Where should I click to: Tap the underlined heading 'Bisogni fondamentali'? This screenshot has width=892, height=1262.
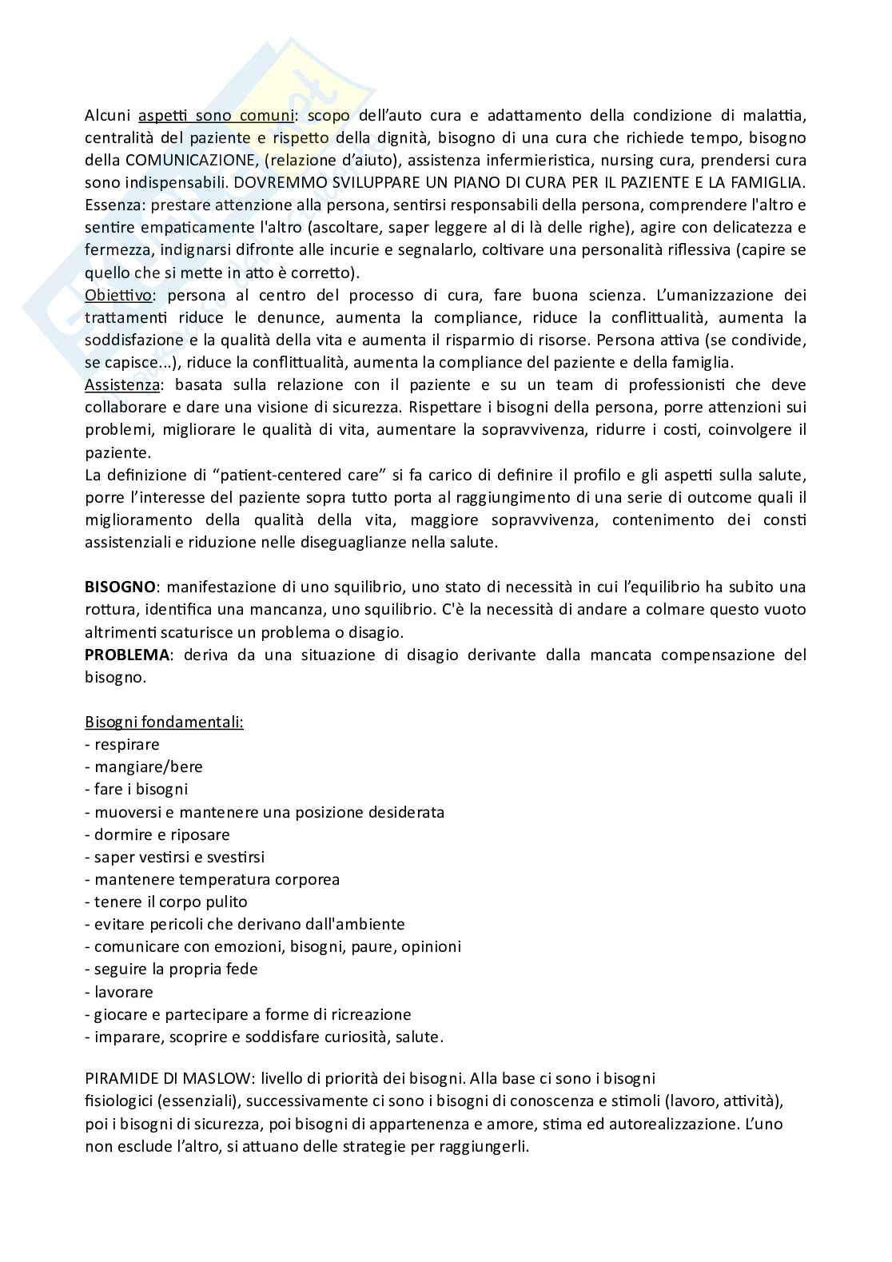click(x=164, y=722)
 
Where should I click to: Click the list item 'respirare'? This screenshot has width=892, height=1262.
click(x=127, y=744)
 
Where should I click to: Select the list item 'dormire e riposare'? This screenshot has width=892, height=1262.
click(x=162, y=834)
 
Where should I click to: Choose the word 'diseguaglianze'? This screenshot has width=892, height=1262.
click(x=371, y=542)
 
